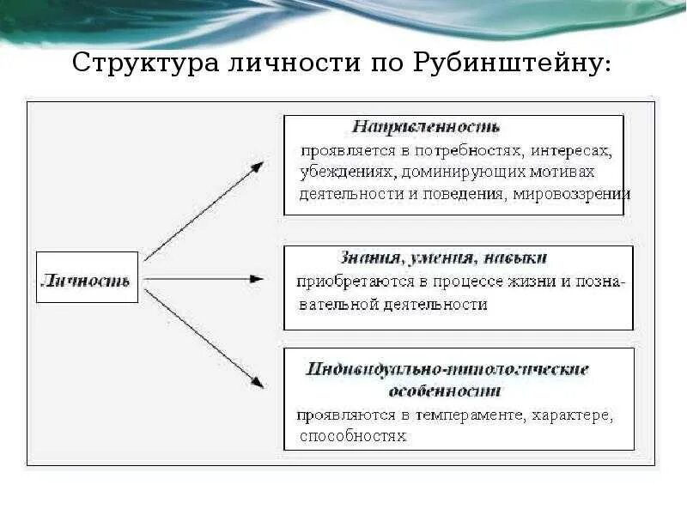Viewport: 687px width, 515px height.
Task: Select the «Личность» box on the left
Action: (x=87, y=277)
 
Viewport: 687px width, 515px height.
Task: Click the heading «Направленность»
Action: (x=425, y=127)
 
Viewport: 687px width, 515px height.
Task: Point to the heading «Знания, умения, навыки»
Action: (x=442, y=257)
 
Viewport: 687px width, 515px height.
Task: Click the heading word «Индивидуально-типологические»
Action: (x=447, y=369)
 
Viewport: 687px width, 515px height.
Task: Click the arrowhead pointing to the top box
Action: (x=257, y=166)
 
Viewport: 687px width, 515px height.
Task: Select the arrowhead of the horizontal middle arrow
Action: (x=257, y=279)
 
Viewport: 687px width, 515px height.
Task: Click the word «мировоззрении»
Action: (x=573, y=193)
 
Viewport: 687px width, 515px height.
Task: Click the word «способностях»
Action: (x=352, y=436)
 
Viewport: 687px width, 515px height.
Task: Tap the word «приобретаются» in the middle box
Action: (x=347, y=282)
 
